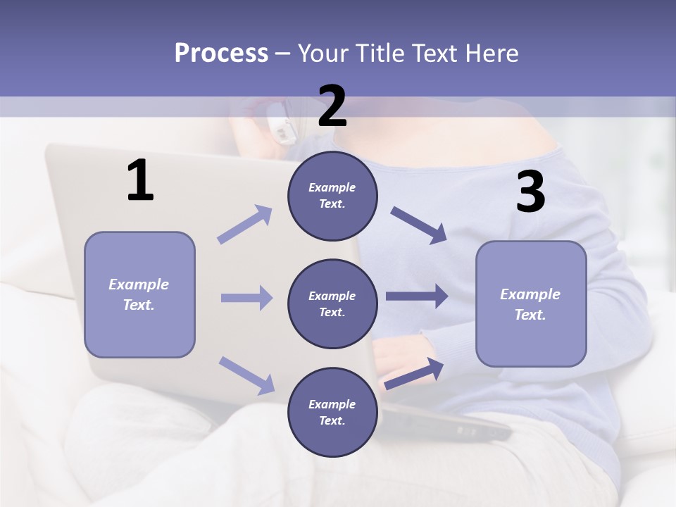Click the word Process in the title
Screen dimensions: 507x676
(221, 54)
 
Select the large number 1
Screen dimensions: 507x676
(140, 182)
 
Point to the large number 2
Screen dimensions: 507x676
(332, 107)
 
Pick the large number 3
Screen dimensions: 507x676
(530, 193)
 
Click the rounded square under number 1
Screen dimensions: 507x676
(139, 294)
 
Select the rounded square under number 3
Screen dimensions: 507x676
(531, 304)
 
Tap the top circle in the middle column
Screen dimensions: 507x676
(332, 196)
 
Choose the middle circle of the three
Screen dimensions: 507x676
(332, 304)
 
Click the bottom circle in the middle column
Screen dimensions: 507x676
(332, 413)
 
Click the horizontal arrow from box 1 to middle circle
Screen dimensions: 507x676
(246, 298)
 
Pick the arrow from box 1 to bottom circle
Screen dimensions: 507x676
(246, 375)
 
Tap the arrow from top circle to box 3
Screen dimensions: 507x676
(419, 225)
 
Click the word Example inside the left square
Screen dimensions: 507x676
(139, 284)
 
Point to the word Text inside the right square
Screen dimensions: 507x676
(530, 315)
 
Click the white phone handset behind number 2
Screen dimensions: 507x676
(283, 127)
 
